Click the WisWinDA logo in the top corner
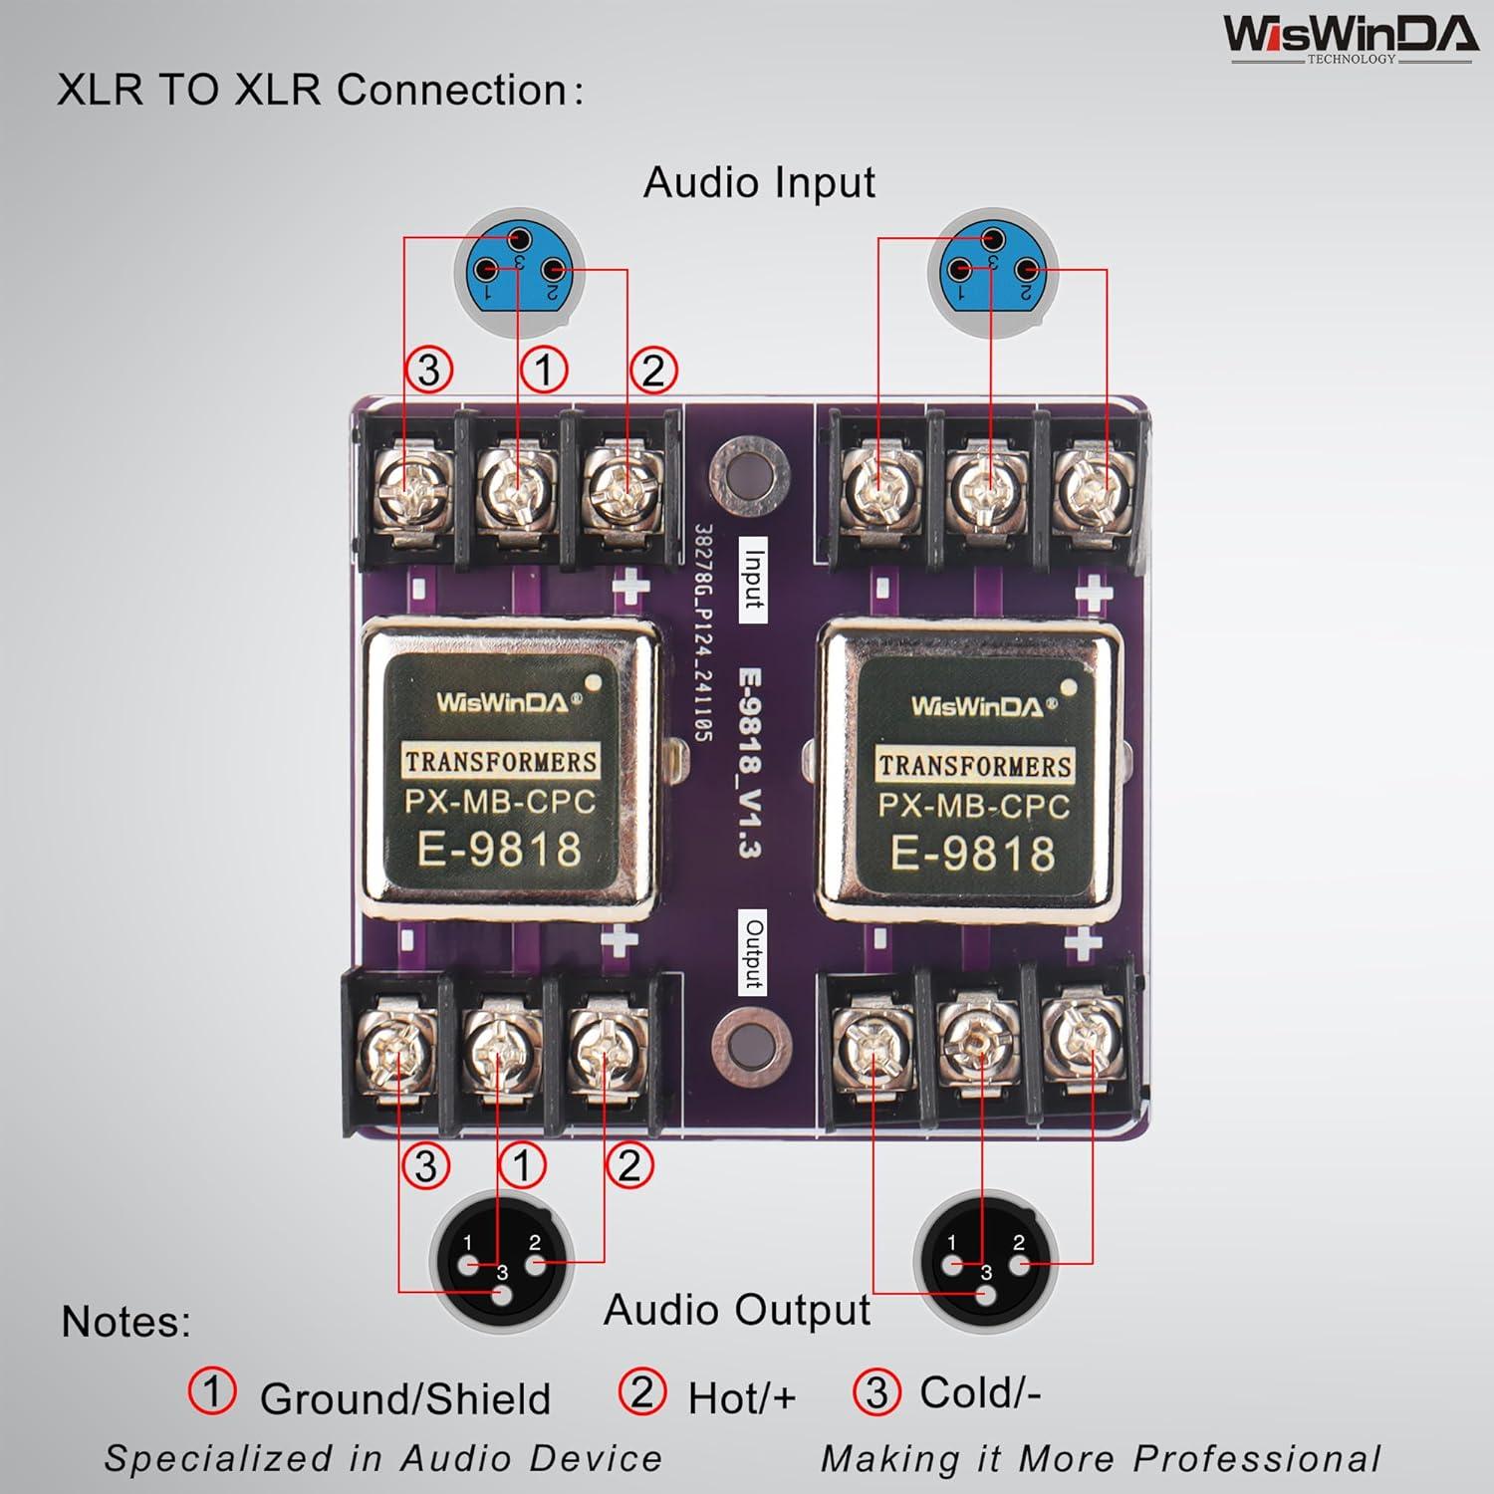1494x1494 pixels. (x=1350, y=38)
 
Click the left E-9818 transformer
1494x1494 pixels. (x=508, y=771)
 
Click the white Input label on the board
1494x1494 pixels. (x=753, y=580)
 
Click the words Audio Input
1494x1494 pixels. (x=759, y=183)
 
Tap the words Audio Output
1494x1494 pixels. (x=737, y=1311)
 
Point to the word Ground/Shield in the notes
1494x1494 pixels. (x=404, y=1399)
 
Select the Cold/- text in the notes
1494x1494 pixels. (x=979, y=1392)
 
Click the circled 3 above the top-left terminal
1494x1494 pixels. (x=429, y=370)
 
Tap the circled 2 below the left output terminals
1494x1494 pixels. (x=629, y=1165)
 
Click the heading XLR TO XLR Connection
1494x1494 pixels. (x=319, y=91)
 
